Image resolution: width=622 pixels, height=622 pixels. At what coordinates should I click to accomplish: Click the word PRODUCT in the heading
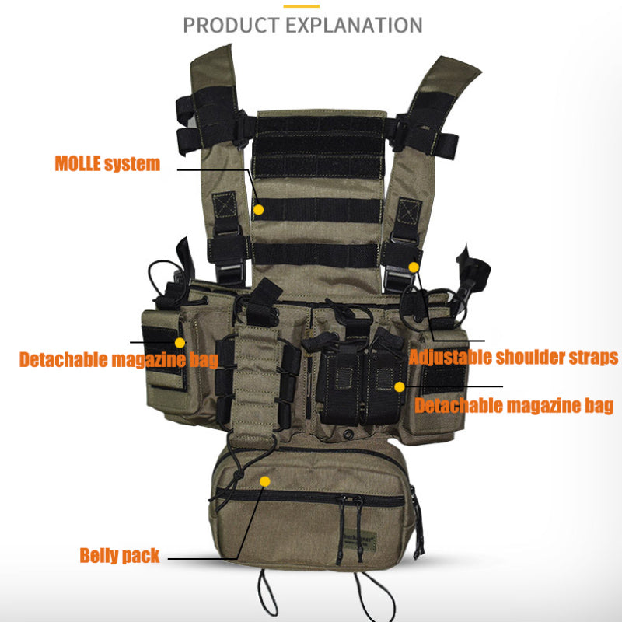[230, 24]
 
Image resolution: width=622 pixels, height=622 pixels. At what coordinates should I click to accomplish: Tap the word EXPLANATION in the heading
[354, 24]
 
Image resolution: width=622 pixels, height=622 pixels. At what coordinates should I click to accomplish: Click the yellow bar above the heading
[301, 5]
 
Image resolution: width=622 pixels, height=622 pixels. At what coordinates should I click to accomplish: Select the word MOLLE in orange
[77, 164]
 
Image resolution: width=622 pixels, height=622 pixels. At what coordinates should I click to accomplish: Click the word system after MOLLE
[132, 164]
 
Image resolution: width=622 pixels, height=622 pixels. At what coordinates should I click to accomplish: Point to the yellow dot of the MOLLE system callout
[259, 209]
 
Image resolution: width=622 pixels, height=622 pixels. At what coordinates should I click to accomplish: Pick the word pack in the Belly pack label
[142, 556]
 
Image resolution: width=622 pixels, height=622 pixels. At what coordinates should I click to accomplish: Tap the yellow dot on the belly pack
[264, 482]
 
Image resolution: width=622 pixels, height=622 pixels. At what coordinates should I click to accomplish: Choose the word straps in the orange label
[595, 358]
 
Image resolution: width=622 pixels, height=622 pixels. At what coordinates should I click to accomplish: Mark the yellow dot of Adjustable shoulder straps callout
[414, 267]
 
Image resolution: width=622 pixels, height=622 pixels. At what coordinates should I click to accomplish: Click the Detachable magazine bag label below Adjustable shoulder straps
[514, 405]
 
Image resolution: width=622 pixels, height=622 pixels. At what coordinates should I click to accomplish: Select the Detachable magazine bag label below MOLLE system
[118, 360]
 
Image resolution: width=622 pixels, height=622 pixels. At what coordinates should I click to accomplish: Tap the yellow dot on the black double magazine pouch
[399, 386]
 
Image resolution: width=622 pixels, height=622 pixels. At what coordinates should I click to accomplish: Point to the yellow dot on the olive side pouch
[180, 342]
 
